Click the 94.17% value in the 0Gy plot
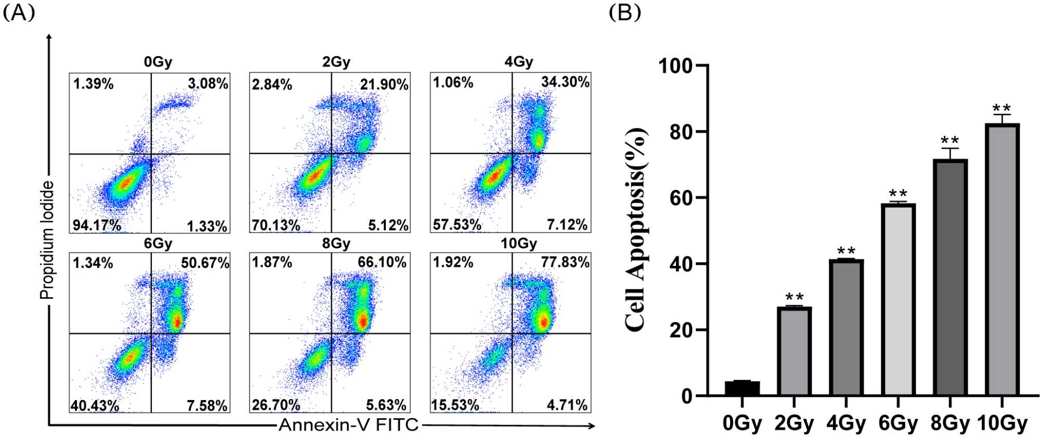pos(97,226)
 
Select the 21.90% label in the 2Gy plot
pos(384,84)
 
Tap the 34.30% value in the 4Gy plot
pos(565,82)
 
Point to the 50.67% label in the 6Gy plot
pos(205,263)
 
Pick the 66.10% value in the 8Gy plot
pos(382,262)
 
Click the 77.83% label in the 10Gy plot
pos(565,262)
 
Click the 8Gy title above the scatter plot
pos(336,243)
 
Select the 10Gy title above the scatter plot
pos(518,243)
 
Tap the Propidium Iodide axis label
pos(47,240)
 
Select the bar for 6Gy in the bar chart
pos(898,300)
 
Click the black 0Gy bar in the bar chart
pos(742,388)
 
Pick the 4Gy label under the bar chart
pos(846,423)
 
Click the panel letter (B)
pos(625,12)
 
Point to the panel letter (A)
pos(19,12)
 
